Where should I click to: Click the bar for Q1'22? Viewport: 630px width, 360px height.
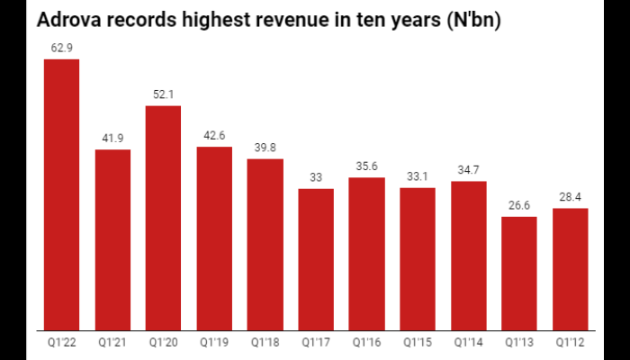[x=61, y=194]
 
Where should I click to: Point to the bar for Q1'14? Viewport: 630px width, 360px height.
[x=468, y=256]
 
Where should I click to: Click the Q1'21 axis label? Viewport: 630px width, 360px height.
[x=112, y=342]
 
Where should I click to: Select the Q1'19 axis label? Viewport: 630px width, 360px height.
[x=214, y=342]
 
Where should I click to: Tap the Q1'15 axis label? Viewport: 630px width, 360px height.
[x=418, y=342]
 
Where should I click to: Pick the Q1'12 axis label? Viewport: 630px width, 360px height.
[x=570, y=342]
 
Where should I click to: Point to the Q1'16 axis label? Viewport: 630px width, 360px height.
[x=366, y=342]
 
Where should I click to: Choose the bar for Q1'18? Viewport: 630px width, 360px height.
[x=265, y=244]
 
